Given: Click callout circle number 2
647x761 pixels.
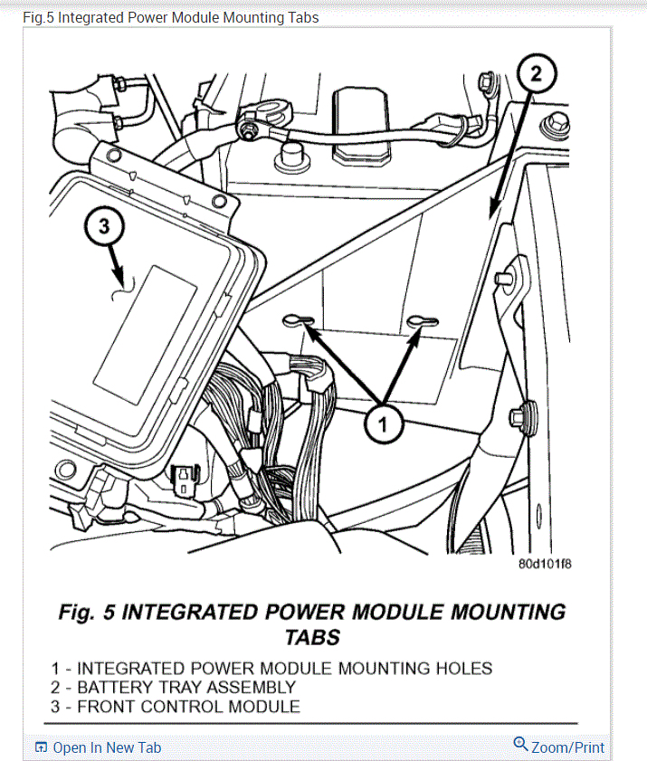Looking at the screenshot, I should coord(535,75).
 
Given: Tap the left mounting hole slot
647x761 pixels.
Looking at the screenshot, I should coord(299,320).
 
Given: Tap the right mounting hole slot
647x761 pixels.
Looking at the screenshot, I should coord(423,320).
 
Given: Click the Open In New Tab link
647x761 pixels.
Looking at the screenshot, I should coord(107,747).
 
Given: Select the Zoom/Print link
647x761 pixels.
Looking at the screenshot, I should coord(567,747).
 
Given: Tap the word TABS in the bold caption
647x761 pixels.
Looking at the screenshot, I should coord(312,637).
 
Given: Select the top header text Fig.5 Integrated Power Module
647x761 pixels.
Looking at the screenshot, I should coord(170,17).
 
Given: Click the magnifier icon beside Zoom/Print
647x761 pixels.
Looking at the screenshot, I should coord(520,745).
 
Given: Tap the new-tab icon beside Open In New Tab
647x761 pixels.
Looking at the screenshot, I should coord(41,747).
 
